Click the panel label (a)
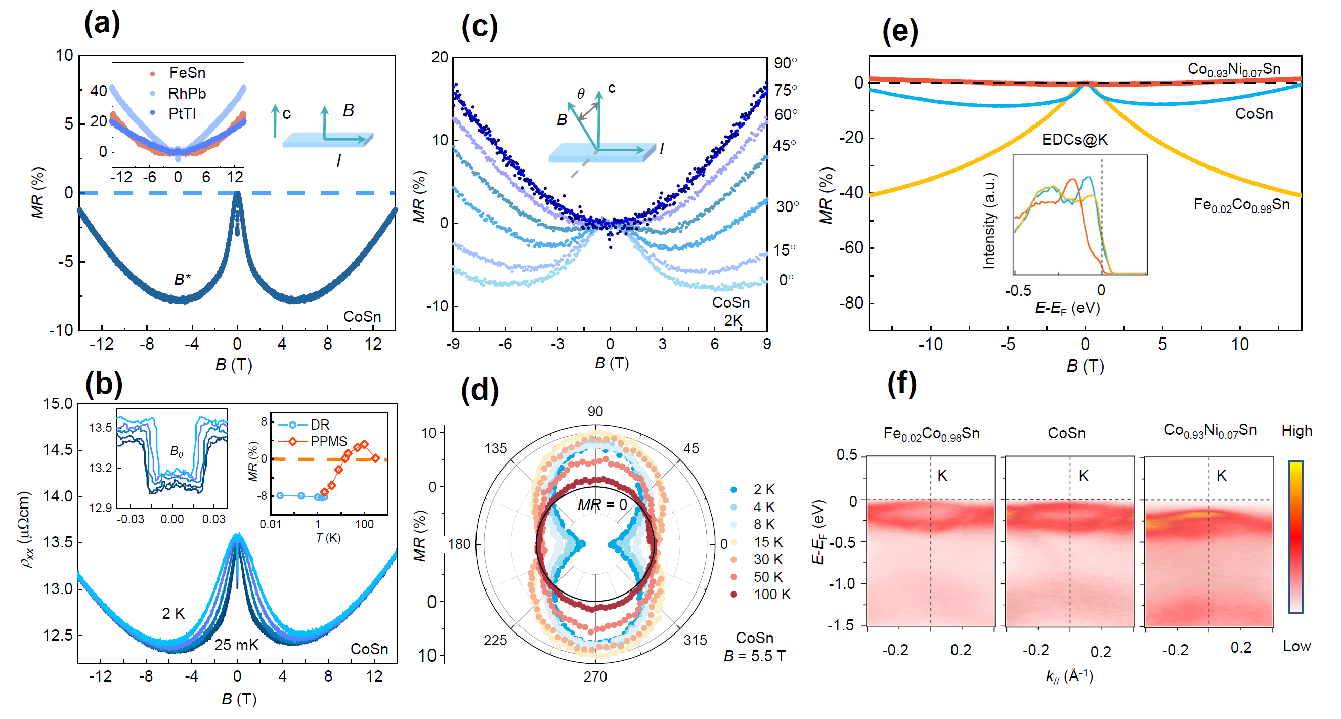pos(102,23)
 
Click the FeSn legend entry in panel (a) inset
pos(187,73)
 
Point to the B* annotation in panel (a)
pos(182,280)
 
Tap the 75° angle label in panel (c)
pos(785,90)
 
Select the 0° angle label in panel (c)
pos(786,280)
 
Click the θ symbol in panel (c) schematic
pos(580,94)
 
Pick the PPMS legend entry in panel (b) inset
pos(328,442)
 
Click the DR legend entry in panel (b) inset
pos(320,425)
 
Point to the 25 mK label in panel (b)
pos(236,645)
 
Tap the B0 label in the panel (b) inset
pos(177,452)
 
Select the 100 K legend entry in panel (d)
pos(771,594)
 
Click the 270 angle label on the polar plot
pos(595,676)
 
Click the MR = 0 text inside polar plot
pos(602,504)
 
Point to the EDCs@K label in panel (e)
pos(1074,140)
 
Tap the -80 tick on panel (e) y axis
pos(851,303)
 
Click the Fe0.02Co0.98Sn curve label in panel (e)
pos(1241,205)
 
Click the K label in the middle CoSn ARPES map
pos(1084,476)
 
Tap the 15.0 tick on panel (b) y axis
pos(57,403)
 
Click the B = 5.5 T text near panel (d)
pos(754,656)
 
